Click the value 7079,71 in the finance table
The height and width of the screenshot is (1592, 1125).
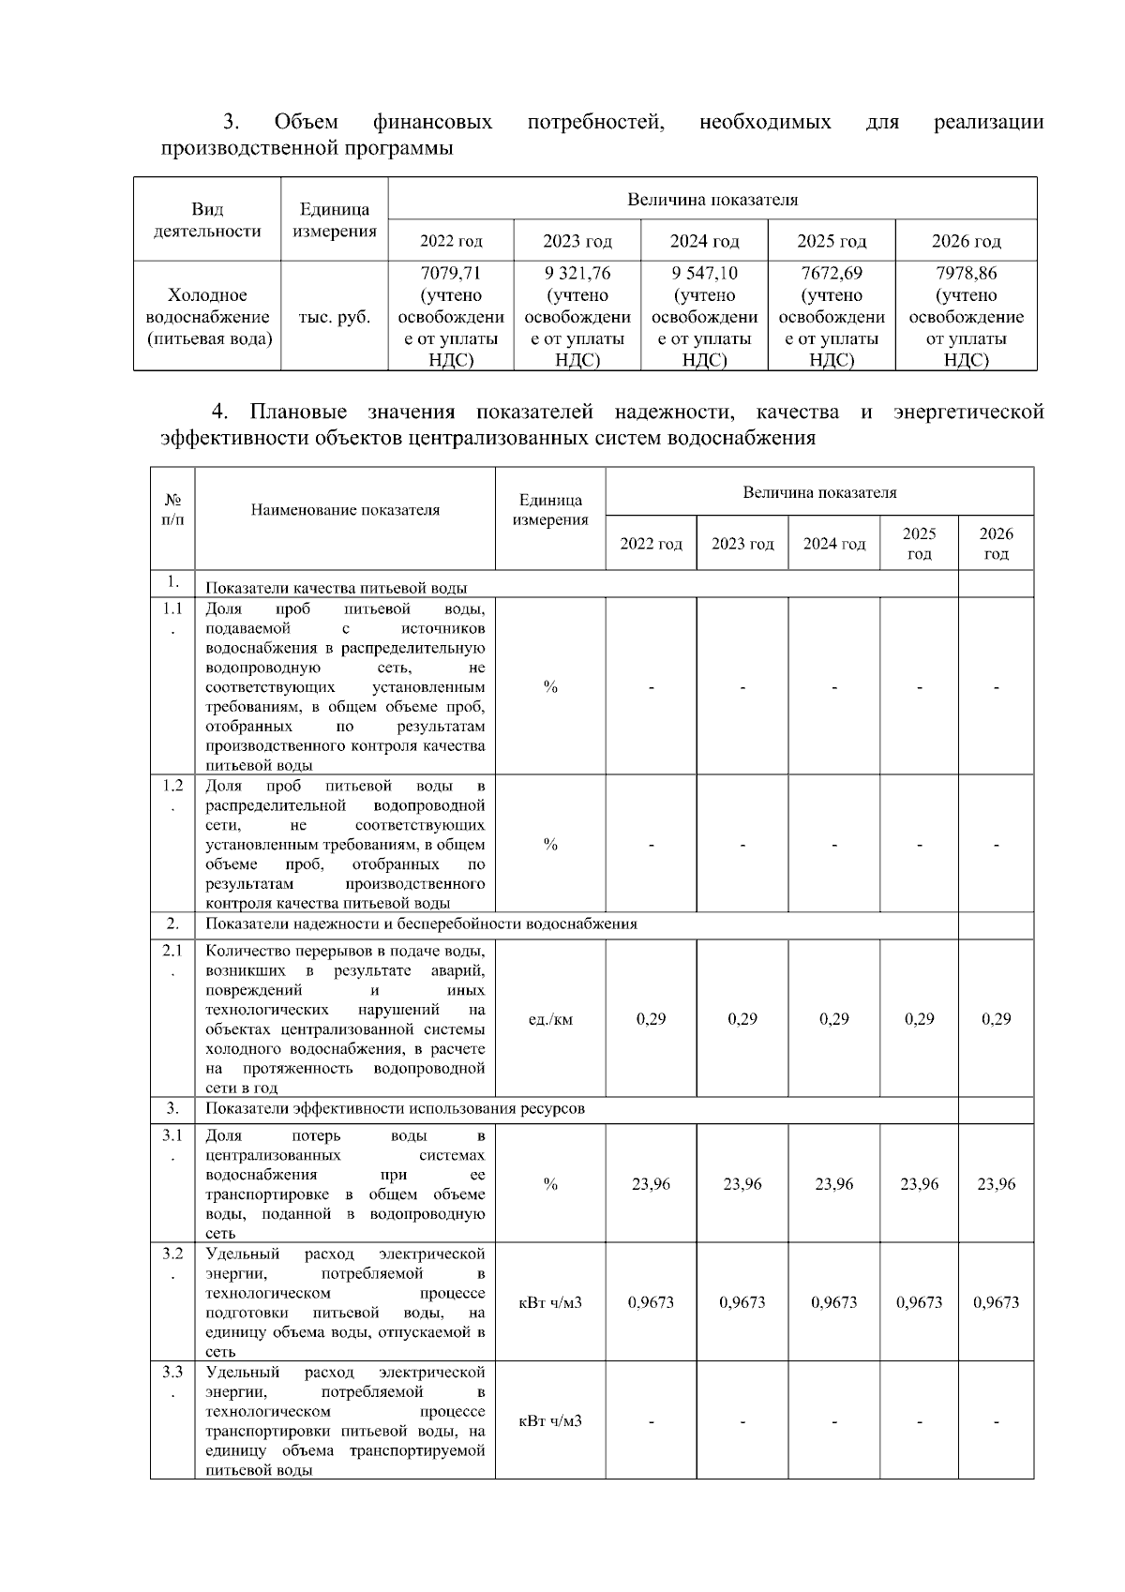click(x=451, y=274)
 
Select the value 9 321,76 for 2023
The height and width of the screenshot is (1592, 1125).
click(x=577, y=274)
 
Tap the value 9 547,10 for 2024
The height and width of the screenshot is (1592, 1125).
click(x=704, y=274)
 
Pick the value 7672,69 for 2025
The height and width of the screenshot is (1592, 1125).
click(x=832, y=274)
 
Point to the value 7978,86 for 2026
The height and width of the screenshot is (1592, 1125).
click(x=966, y=274)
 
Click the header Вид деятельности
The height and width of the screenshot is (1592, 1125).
click(x=207, y=220)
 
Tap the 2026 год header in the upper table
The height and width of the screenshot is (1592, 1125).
click(x=966, y=242)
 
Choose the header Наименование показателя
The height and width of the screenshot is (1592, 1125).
click(x=345, y=510)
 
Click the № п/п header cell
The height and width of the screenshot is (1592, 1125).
click(x=172, y=510)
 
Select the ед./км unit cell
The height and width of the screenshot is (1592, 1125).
click(x=550, y=1019)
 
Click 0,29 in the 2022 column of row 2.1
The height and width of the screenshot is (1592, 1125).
click(x=651, y=1019)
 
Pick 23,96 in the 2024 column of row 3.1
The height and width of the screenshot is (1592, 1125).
click(x=833, y=1184)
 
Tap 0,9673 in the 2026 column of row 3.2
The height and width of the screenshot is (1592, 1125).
click(x=996, y=1302)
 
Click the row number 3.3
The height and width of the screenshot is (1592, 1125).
click(x=172, y=1373)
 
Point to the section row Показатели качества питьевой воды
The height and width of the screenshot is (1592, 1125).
click(x=337, y=588)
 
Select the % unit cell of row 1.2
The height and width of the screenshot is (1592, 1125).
click(x=550, y=845)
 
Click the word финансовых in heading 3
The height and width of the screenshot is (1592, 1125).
click(x=432, y=123)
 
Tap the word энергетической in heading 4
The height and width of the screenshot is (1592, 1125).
click(x=968, y=413)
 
